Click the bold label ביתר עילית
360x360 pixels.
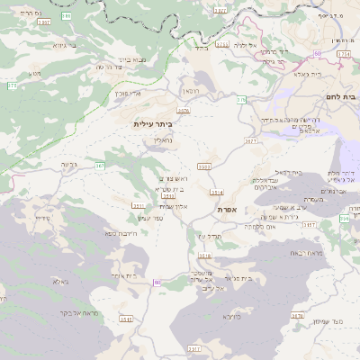(x=152, y=123)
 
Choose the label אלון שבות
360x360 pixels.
(x=174, y=206)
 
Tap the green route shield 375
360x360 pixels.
(x=13, y=85)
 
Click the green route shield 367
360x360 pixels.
(x=100, y=166)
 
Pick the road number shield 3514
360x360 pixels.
(x=216, y=192)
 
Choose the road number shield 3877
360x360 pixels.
(x=251, y=140)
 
